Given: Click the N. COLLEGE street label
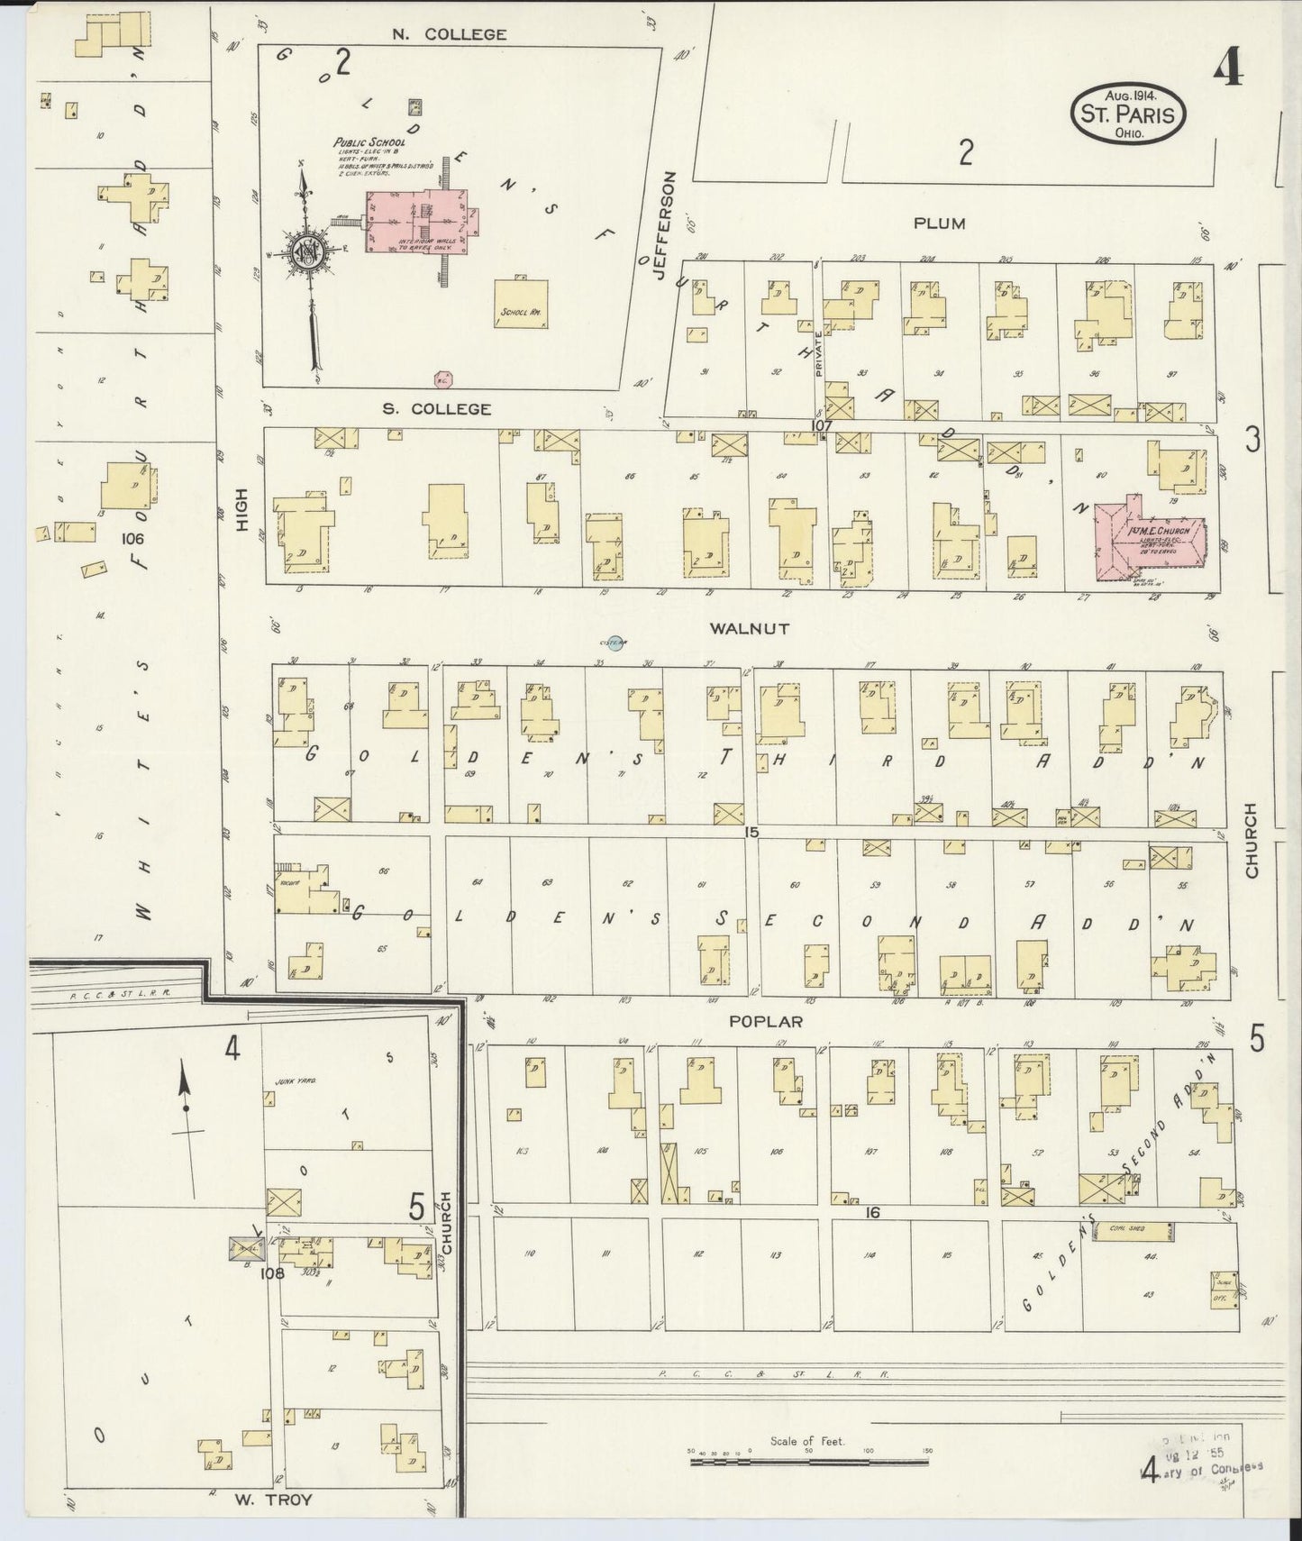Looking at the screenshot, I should [x=436, y=34].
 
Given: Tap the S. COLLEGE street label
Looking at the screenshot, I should [x=437, y=409].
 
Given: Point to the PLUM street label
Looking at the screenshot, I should [x=940, y=223].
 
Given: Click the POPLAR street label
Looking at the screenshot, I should [x=766, y=1022].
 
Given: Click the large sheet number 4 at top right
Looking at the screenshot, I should [x=1225, y=68].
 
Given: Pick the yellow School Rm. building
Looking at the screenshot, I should [x=521, y=305].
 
